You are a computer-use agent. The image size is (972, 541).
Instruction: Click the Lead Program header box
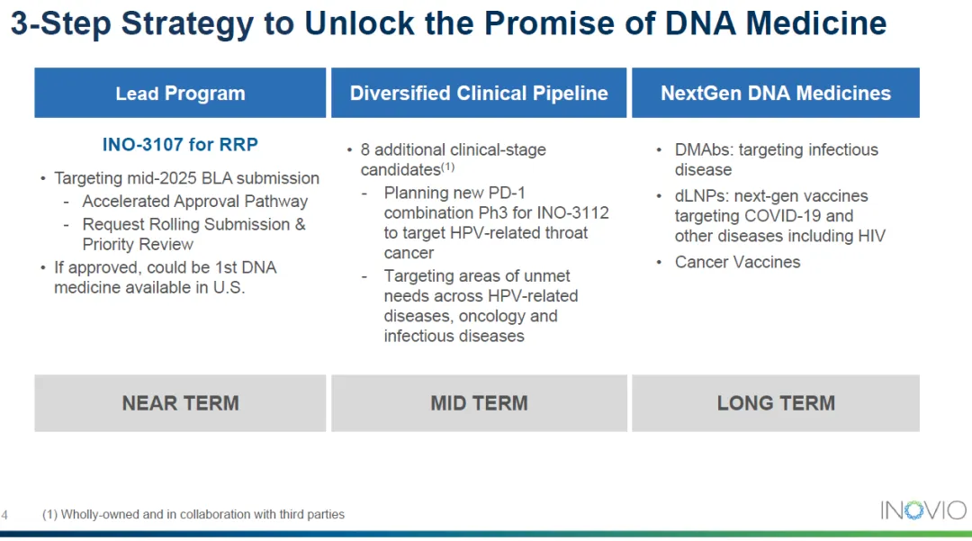(x=180, y=93)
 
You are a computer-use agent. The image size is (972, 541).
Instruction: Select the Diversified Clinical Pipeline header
(x=479, y=93)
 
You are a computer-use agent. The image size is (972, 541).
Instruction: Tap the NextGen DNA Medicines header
(x=776, y=93)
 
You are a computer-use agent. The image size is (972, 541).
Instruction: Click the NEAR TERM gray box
(x=180, y=402)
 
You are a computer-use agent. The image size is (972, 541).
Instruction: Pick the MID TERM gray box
(x=479, y=402)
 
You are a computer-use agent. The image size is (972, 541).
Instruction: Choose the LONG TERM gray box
(x=776, y=402)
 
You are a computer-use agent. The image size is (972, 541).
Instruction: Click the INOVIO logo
(x=923, y=510)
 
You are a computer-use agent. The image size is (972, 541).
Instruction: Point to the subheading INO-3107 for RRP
(x=180, y=144)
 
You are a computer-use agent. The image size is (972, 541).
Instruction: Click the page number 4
(x=4, y=515)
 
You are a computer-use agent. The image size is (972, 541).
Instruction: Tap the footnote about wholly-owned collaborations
(x=193, y=514)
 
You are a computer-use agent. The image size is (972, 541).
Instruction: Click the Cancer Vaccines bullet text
(x=738, y=262)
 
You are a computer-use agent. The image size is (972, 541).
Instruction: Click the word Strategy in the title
(x=187, y=24)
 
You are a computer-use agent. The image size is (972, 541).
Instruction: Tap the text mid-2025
(x=155, y=178)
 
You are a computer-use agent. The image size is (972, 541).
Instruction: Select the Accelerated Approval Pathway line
(x=194, y=202)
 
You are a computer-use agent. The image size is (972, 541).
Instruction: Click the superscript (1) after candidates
(x=447, y=167)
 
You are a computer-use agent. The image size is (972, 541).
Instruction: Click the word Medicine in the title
(x=815, y=23)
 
